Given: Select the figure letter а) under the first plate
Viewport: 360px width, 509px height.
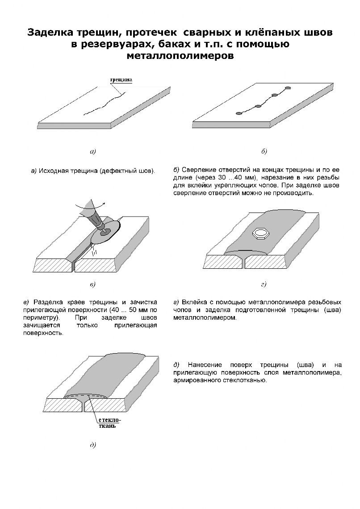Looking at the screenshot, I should tap(93, 151).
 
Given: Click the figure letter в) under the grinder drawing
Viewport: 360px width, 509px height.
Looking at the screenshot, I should tap(93, 284).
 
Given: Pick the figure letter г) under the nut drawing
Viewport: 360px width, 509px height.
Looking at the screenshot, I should tap(264, 284).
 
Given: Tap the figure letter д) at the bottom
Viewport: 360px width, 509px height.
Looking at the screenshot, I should tap(93, 445).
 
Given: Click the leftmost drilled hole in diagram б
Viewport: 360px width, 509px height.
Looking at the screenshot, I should tap(239, 113).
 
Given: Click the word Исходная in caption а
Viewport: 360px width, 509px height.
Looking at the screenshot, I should tap(54, 171).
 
